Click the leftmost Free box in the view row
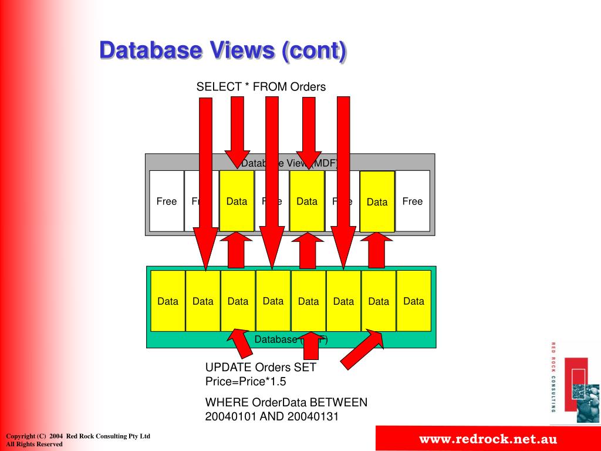click(x=166, y=201)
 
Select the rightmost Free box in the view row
click(x=412, y=201)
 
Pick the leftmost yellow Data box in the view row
click(x=237, y=201)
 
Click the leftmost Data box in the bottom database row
click(x=168, y=301)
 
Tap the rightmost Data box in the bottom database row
click(x=413, y=301)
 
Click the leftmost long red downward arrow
click(x=205, y=176)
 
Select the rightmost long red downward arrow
click(x=343, y=176)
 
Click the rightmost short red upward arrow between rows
click(x=376, y=250)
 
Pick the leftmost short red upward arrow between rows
click(x=236, y=250)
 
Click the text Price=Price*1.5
click(x=246, y=382)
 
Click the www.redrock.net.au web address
click(x=487, y=439)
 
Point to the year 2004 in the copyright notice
click(x=56, y=436)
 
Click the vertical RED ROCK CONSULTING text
click(x=553, y=376)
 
